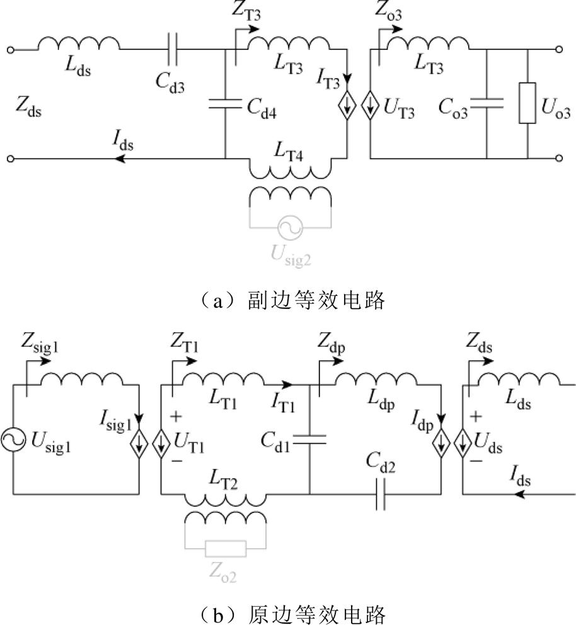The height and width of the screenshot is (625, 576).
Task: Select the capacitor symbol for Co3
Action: pos(487,104)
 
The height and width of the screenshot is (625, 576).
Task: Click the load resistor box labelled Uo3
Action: pos(527,104)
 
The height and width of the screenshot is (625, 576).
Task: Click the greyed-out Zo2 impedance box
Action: pos(226,549)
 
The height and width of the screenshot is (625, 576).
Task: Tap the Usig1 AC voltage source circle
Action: pos(12,441)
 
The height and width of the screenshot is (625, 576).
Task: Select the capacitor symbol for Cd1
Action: pos(310,441)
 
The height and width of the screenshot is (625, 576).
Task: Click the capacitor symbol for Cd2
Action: pos(379,494)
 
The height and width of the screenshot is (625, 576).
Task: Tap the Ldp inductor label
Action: pos(380,404)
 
